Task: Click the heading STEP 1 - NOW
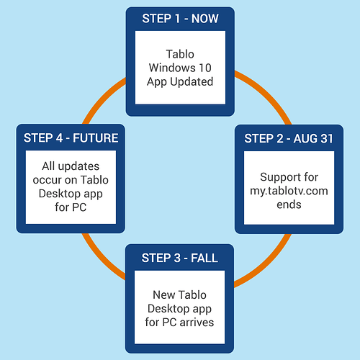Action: [180, 19]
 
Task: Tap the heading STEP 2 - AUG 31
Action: [289, 138]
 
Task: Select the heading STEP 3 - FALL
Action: [180, 258]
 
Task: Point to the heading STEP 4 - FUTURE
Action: [71, 138]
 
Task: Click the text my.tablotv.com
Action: [289, 192]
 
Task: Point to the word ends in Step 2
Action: [289, 204]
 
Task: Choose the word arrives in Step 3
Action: [197, 323]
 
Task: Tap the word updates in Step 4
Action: [78, 166]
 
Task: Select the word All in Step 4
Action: [48, 166]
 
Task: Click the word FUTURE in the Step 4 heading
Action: [96, 138]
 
